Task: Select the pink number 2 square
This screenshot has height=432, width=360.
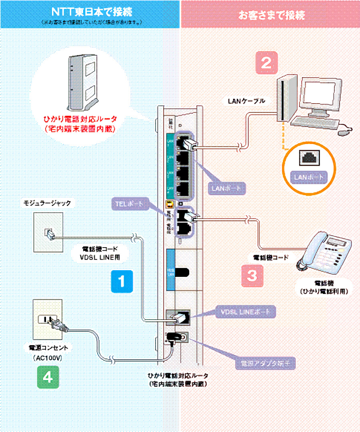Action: (266, 63)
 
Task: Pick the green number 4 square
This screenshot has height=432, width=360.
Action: (48, 377)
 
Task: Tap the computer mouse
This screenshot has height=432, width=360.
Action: (344, 130)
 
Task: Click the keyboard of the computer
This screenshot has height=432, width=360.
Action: (312, 122)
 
